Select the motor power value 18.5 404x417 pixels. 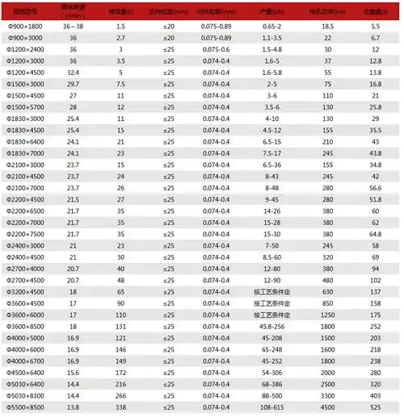coord(329,26)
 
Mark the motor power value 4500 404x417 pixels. coord(329,409)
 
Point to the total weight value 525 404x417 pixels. coord(374,409)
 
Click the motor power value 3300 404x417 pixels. coord(329,397)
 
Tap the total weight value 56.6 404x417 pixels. coord(374,188)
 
